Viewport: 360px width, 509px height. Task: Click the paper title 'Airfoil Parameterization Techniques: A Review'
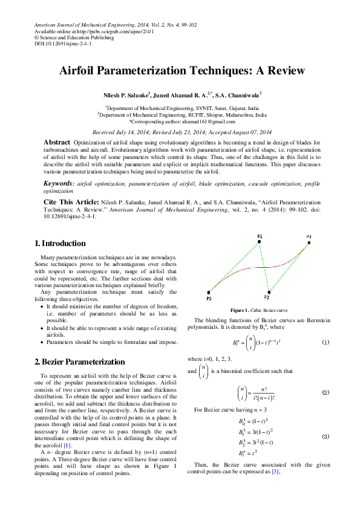[x=182, y=71]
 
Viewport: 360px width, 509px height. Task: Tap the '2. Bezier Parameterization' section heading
[x=79, y=362]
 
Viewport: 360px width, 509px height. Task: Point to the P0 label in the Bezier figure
[x=208, y=299]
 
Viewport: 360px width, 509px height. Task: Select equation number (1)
[x=325, y=343]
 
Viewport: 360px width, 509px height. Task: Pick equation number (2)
[x=325, y=392]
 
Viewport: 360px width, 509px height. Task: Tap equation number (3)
[x=325, y=436]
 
